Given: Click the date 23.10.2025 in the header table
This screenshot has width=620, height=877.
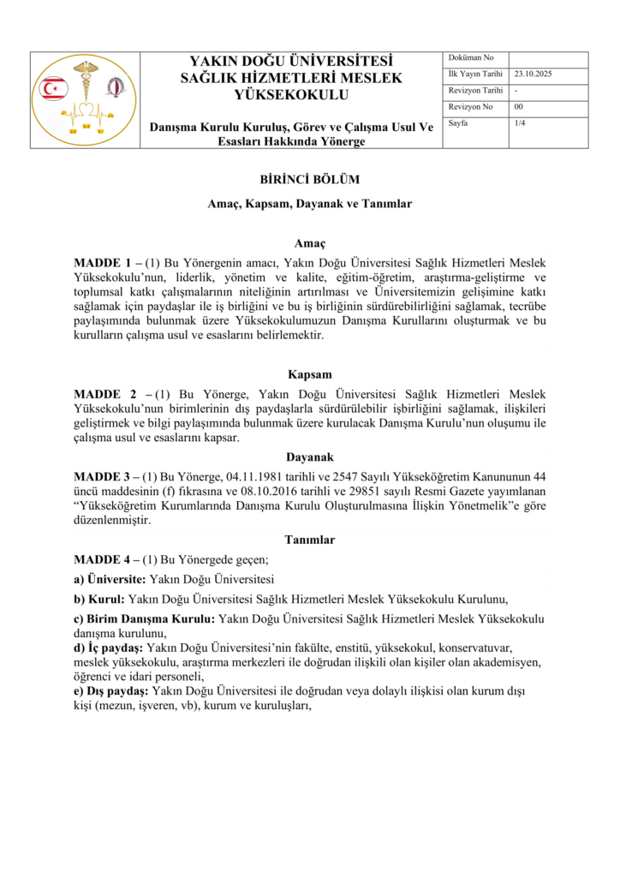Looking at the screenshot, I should coord(534,75).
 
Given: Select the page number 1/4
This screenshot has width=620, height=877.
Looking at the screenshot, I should coord(520,123).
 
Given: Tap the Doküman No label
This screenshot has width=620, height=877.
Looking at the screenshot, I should coord(467,58).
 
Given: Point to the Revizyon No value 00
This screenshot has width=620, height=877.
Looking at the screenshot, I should coord(518,107).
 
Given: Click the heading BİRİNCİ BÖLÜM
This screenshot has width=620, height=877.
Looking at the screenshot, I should coord(309,180).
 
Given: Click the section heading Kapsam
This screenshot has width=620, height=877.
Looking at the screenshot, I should coord(309,375).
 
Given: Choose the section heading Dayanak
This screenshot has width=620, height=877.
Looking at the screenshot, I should coord(309,457).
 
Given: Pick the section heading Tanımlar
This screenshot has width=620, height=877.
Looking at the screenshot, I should coord(309,540).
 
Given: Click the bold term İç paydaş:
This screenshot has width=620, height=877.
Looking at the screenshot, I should coord(108,649).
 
